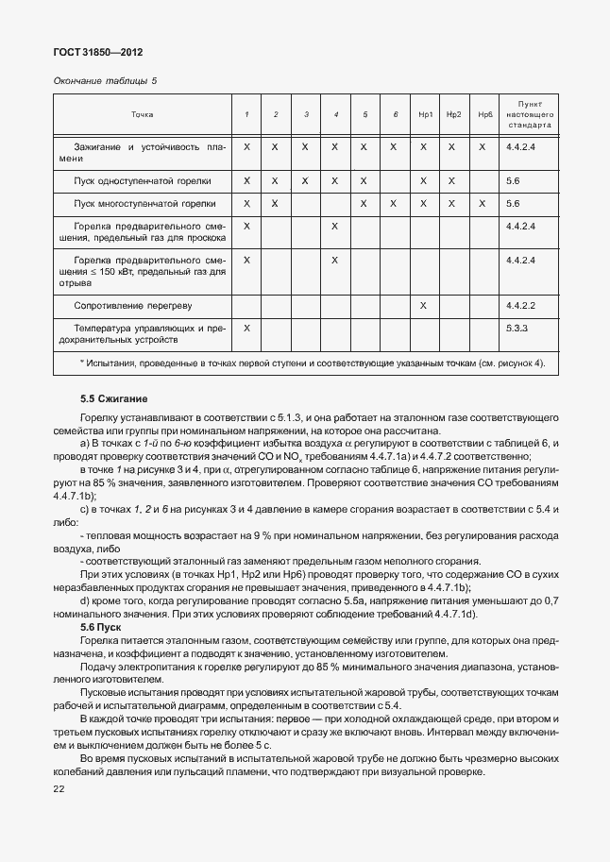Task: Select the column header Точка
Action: coord(142,114)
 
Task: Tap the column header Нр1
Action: coord(424,114)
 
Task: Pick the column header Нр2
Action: coord(453,114)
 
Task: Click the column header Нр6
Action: coord(484,114)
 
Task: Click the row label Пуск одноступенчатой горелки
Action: coord(143,179)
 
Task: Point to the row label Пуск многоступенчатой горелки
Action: coord(144,203)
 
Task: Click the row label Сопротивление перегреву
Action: coord(133,305)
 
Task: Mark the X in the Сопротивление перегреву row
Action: coord(424,305)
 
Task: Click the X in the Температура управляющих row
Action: coord(246,328)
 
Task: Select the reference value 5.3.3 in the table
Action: coord(517,328)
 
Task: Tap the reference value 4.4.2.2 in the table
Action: coord(520,305)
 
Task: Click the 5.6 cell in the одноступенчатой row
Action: coord(514,179)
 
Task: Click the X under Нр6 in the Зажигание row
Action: coord(483,147)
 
